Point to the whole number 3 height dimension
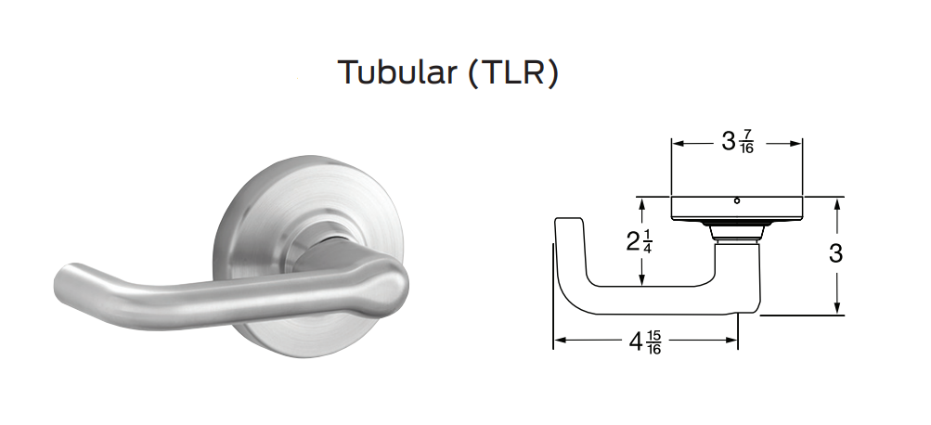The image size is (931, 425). click(x=835, y=253)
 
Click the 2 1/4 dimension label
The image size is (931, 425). click(x=639, y=243)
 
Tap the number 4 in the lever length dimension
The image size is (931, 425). click(x=636, y=342)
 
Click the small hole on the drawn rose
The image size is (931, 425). click(x=736, y=200)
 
